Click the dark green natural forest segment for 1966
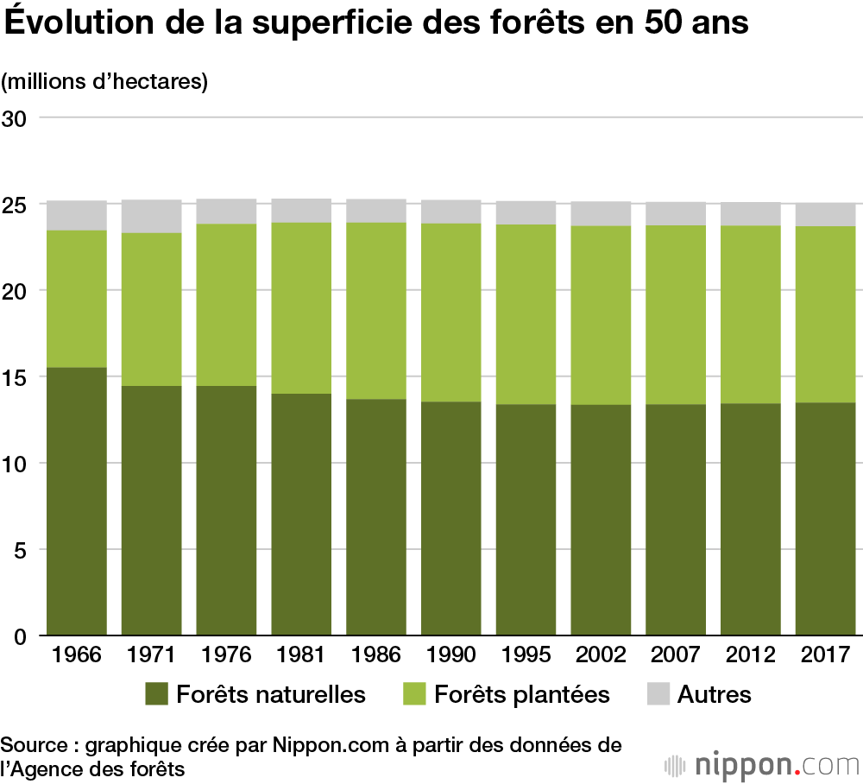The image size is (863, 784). [77, 501]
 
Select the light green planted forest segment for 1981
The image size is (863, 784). [301, 308]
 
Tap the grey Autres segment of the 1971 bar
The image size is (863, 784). [151, 217]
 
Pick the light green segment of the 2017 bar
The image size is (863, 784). [826, 314]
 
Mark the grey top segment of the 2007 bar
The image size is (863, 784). [676, 214]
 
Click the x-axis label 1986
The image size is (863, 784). [376, 654]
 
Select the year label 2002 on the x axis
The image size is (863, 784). [601, 654]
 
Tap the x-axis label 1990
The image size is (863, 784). [450, 654]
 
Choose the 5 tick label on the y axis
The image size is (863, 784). [21, 550]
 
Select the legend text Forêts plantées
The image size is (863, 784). [522, 694]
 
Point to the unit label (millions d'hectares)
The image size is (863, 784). [105, 82]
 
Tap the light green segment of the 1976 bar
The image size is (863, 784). [226, 305]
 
